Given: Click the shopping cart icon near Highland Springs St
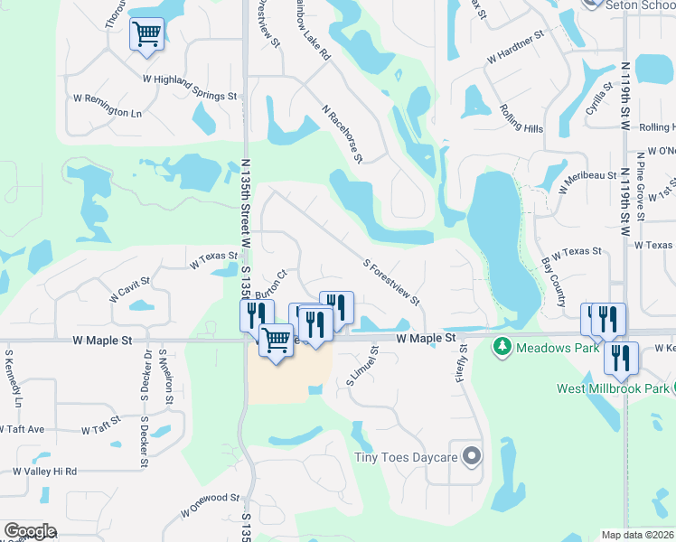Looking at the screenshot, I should click(146, 35).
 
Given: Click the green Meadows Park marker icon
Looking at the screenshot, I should click(502, 346).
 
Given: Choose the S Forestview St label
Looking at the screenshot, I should click(391, 283).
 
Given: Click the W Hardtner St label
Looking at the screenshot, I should click(515, 47).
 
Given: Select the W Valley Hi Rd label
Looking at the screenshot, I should click(44, 472).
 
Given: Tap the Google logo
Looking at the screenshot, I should click(30, 531).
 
